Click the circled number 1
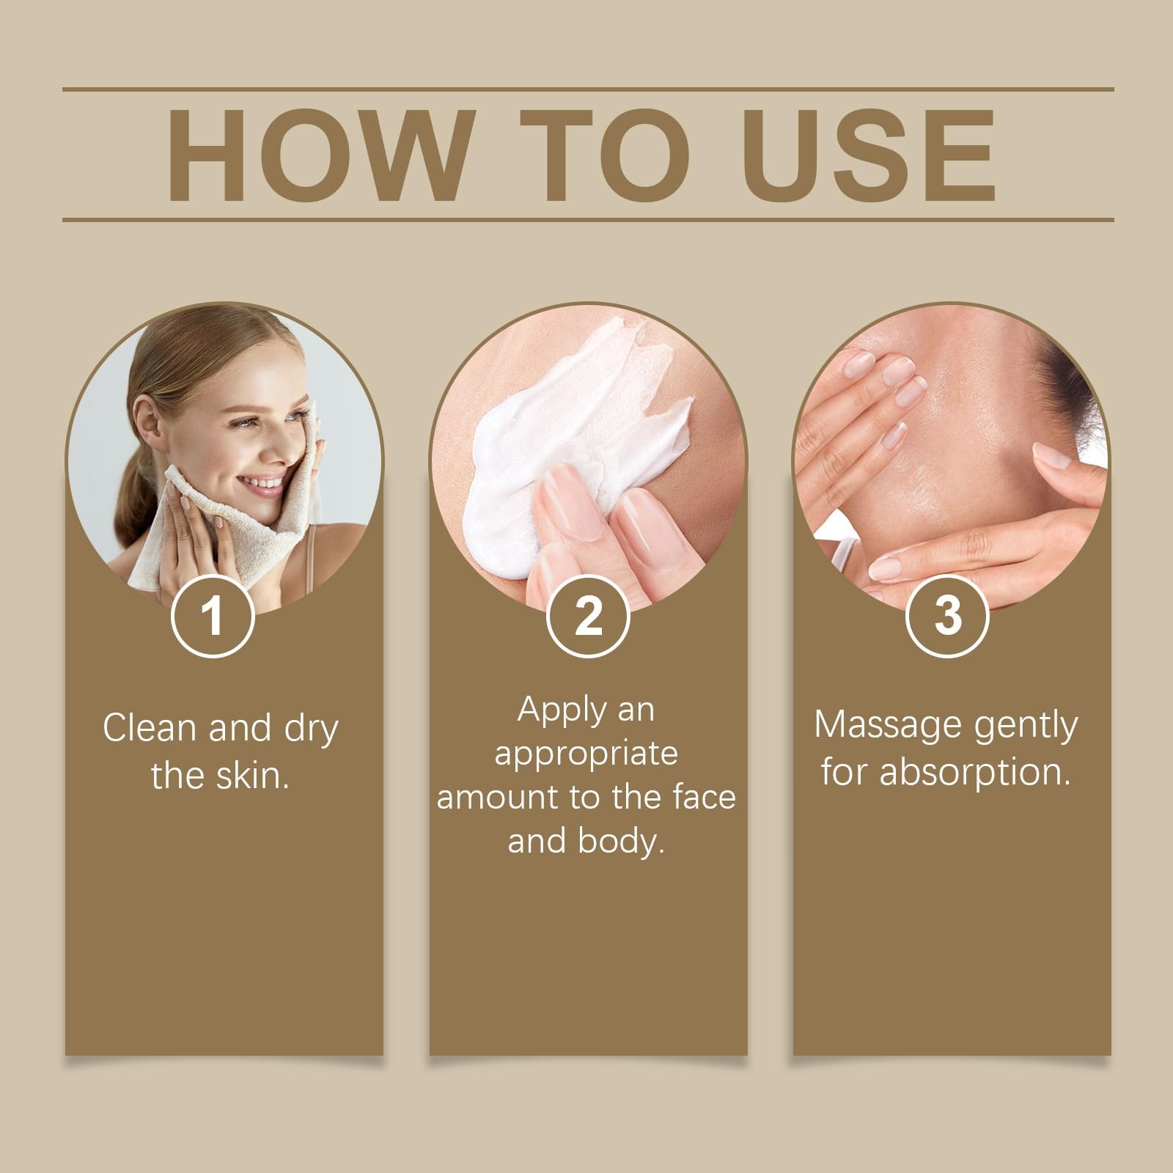coord(213,616)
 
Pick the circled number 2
coord(587,616)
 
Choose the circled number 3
coord(947,616)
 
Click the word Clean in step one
coord(150,728)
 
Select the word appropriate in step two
coord(586,754)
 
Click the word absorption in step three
coord(975,772)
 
